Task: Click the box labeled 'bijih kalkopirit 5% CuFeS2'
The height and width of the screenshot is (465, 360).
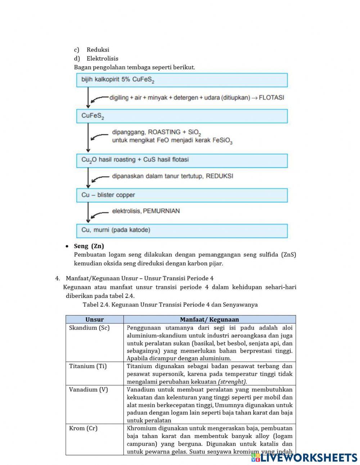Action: (x=182, y=80)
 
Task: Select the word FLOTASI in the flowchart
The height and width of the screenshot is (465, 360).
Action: (x=271, y=98)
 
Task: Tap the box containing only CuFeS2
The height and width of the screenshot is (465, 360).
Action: (x=182, y=116)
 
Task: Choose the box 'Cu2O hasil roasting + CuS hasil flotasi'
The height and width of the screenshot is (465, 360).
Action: (x=182, y=161)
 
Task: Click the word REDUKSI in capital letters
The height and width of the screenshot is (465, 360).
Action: (x=219, y=176)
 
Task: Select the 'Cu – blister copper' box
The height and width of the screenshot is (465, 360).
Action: (x=182, y=195)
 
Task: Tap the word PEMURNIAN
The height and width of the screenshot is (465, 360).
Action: (x=161, y=211)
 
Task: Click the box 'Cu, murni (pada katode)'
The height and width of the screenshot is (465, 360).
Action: (x=182, y=231)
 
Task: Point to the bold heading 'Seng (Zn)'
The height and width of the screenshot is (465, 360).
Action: (x=89, y=246)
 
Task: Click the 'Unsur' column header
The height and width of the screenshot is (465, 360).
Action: (x=94, y=319)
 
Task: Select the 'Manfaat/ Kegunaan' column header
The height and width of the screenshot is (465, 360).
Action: (x=209, y=319)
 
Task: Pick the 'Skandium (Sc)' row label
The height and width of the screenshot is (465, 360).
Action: (x=89, y=328)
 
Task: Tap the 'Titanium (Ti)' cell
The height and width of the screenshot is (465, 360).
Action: (x=88, y=366)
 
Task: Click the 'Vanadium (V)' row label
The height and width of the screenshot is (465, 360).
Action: (x=88, y=389)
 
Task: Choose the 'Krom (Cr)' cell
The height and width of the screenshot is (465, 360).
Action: (x=83, y=428)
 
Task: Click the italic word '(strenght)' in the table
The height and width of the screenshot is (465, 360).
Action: (x=233, y=382)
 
